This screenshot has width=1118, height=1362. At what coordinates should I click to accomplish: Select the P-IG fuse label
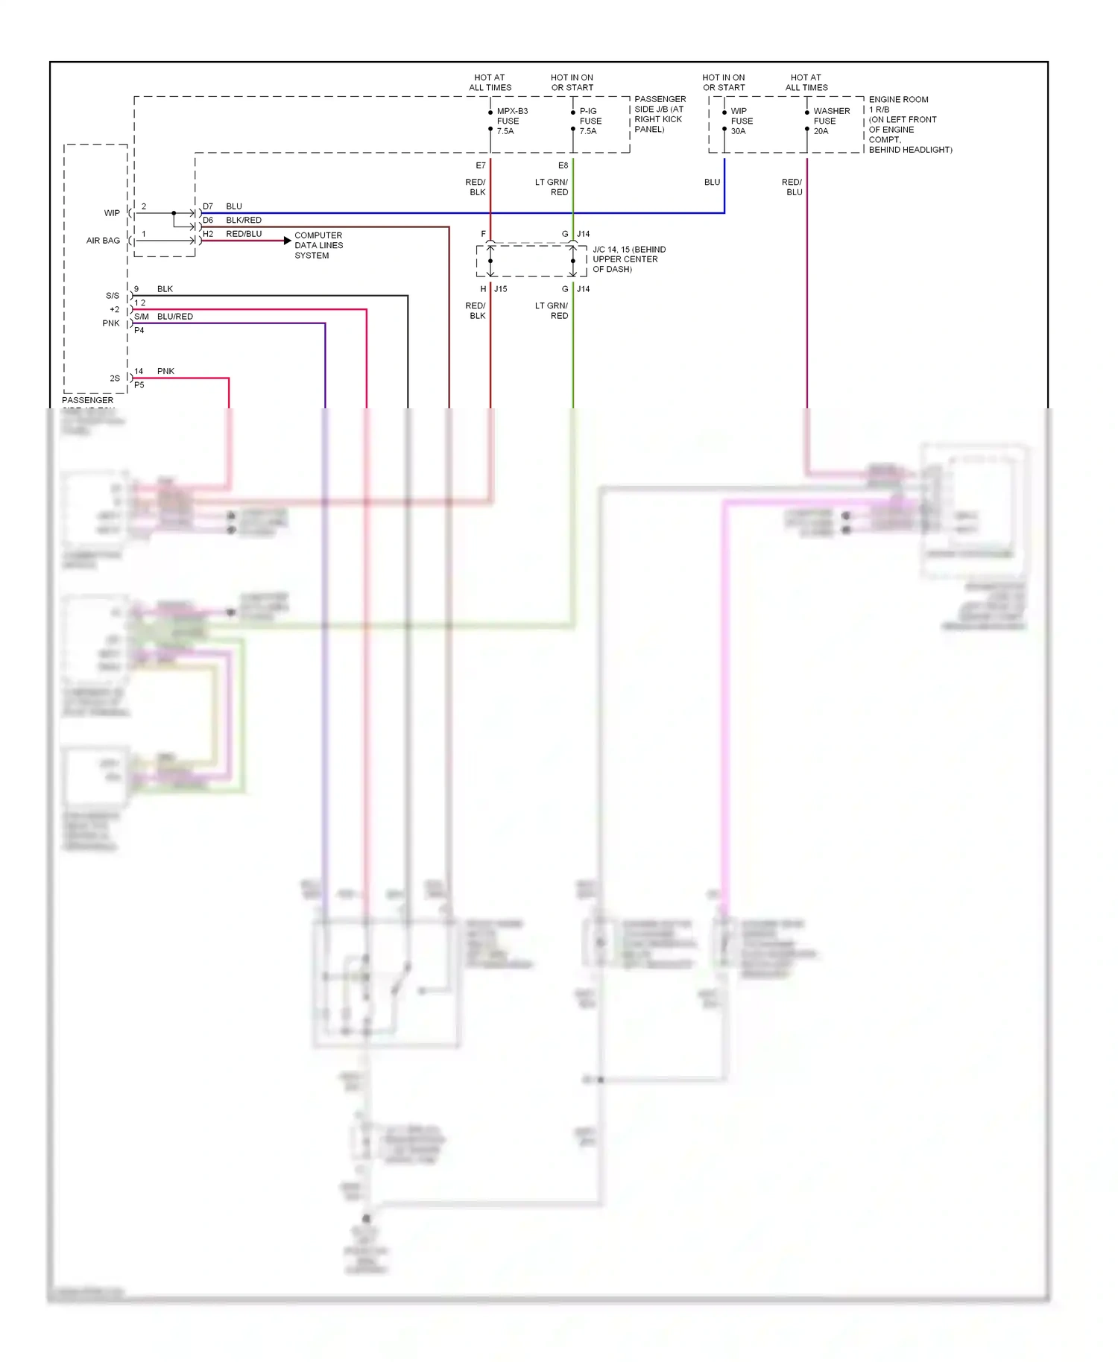tap(590, 121)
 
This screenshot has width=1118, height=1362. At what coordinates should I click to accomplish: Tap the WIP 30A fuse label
tap(741, 121)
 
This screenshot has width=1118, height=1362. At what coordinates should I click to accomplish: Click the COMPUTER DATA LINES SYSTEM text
tap(318, 245)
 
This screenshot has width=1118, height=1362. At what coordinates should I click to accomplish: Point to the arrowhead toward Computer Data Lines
tap(288, 241)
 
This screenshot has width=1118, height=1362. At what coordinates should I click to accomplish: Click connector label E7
tap(481, 165)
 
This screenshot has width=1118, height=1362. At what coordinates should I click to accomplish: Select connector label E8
tap(563, 165)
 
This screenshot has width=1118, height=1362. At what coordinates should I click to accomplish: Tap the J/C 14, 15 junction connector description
tap(628, 259)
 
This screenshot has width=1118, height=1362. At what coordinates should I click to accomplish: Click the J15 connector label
tap(501, 289)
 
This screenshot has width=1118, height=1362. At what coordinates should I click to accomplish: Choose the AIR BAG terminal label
tap(103, 241)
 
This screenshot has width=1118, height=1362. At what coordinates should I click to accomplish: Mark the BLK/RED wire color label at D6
tap(244, 221)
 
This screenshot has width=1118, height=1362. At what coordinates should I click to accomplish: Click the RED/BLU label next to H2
tap(244, 234)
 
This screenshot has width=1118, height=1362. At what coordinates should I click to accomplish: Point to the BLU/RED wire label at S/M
tap(175, 317)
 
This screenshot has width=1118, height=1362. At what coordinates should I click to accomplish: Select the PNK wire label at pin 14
tap(165, 371)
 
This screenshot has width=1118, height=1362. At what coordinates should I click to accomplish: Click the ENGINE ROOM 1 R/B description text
tap(909, 124)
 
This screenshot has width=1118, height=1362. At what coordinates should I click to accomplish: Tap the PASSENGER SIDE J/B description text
tap(660, 114)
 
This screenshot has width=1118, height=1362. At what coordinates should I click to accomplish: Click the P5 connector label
tap(139, 385)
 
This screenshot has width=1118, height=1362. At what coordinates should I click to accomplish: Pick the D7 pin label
tap(208, 206)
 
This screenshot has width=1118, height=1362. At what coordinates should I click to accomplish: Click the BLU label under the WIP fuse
tap(712, 182)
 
